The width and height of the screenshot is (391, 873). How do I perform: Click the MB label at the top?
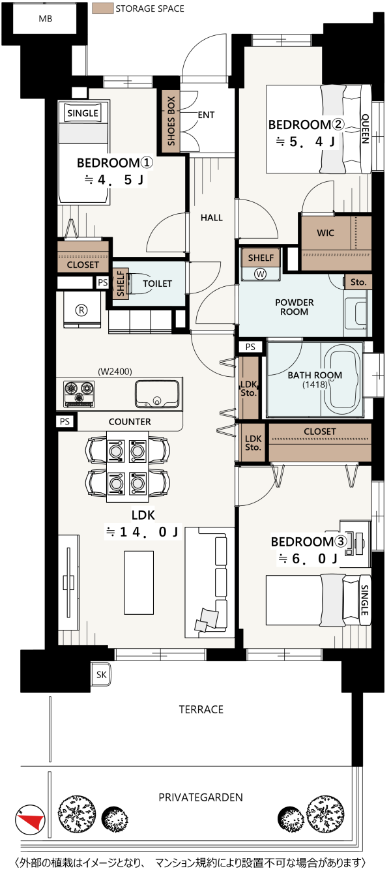pos(45,18)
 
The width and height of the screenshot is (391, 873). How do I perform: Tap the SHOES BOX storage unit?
pos(171,121)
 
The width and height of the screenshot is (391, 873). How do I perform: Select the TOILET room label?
pos(157,284)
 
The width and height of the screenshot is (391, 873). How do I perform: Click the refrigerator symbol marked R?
pos(81,310)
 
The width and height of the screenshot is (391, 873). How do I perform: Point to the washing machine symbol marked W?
pos(260,274)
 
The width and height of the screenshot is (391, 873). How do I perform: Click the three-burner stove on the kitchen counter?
pos(79,393)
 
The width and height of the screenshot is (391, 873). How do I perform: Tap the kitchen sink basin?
pos(157,394)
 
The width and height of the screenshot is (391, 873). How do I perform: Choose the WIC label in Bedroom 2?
pos(325,233)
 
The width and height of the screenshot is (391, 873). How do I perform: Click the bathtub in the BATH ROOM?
pos(343,377)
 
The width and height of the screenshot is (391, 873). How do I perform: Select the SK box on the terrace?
pos(101,675)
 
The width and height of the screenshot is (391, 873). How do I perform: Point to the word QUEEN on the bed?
pos(366,128)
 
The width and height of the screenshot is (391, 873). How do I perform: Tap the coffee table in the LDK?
pos(139,582)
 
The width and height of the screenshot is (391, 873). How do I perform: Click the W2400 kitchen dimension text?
pos(115,372)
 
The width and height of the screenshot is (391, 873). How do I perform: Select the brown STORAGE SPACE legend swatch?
pos(102,8)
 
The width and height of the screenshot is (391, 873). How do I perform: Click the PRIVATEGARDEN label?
pos(201,797)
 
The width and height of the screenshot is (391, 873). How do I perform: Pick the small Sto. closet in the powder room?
pos(358,282)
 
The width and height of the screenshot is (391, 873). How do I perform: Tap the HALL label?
pos(212,218)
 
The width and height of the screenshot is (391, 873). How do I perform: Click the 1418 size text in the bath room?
pos(315,385)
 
